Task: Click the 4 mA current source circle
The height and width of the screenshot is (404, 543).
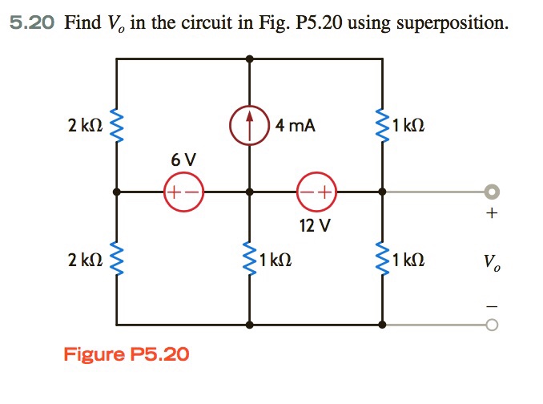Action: coord(250,126)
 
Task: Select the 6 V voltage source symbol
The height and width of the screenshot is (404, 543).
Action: coord(184,192)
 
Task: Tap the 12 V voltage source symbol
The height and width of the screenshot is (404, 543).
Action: coord(316,192)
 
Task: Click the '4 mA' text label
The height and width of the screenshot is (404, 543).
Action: coord(295,125)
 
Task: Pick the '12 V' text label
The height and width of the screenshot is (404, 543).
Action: coord(316,226)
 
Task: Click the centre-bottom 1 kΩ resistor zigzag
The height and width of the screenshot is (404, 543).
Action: coord(250,260)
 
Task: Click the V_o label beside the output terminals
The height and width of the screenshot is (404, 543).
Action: coord(493,261)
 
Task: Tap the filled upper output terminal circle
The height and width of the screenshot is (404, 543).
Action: coord(493,192)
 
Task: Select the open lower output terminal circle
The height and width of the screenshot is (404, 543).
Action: coord(493,325)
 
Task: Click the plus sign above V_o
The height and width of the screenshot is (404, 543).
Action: coord(493,214)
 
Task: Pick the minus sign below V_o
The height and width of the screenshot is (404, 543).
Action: coord(493,305)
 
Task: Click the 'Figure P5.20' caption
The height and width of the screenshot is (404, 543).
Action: coord(127,353)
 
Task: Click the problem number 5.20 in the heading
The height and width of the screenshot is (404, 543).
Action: coord(32,22)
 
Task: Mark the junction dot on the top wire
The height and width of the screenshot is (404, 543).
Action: coord(250,59)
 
